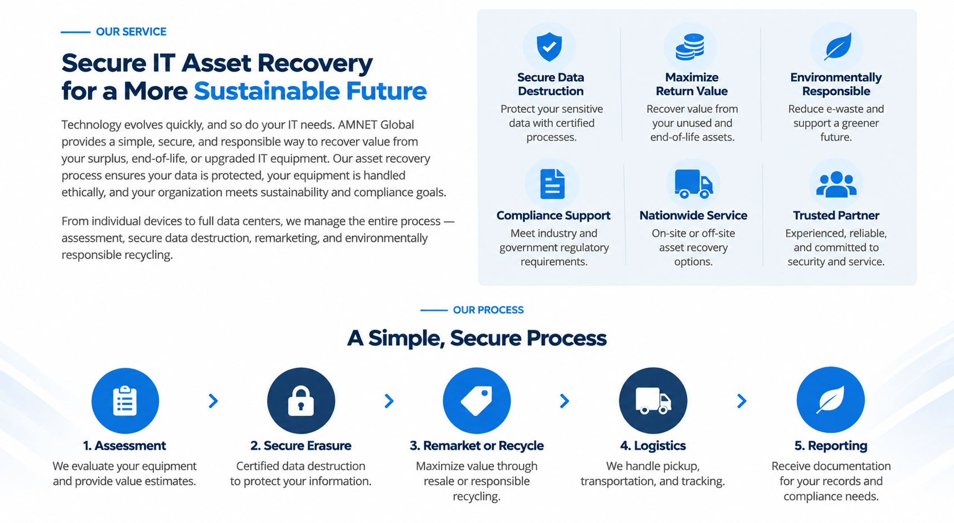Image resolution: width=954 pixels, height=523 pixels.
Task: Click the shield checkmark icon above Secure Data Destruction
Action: click(x=549, y=47)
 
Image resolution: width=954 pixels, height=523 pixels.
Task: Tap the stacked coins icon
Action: click(x=690, y=47)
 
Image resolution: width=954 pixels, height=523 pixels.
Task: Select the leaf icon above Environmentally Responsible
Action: click(x=837, y=46)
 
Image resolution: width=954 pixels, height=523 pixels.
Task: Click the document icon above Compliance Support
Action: click(x=552, y=184)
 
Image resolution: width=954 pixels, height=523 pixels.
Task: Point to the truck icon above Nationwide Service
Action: click(x=693, y=184)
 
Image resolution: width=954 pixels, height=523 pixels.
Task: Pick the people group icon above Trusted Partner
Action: click(x=836, y=184)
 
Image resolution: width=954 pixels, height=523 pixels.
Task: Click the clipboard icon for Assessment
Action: click(x=125, y=400)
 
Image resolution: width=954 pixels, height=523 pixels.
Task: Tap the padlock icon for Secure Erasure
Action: click(x=301, y=400)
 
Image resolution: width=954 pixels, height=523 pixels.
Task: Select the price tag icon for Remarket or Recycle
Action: click(x=477, y=401)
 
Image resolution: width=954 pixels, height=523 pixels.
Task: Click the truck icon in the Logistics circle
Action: click(x=653, y=400)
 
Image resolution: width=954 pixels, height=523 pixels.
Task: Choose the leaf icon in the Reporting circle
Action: click(x=830, y=400)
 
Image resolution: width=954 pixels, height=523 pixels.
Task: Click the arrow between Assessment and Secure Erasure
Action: click(x=214, y=401)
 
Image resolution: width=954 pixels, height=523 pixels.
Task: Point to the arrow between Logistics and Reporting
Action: click(x=742, y=401)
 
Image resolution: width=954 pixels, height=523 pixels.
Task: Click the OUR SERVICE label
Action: click(x=131, y=32)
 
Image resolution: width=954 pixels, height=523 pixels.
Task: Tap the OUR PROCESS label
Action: click(x=488, y=310)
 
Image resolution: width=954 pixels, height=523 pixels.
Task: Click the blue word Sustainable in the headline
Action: click(x=267, y=91)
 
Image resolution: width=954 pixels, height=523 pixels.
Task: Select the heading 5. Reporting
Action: click(x=831, y=445)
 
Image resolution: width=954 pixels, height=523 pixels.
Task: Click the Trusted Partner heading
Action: click(x=836, y=215)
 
